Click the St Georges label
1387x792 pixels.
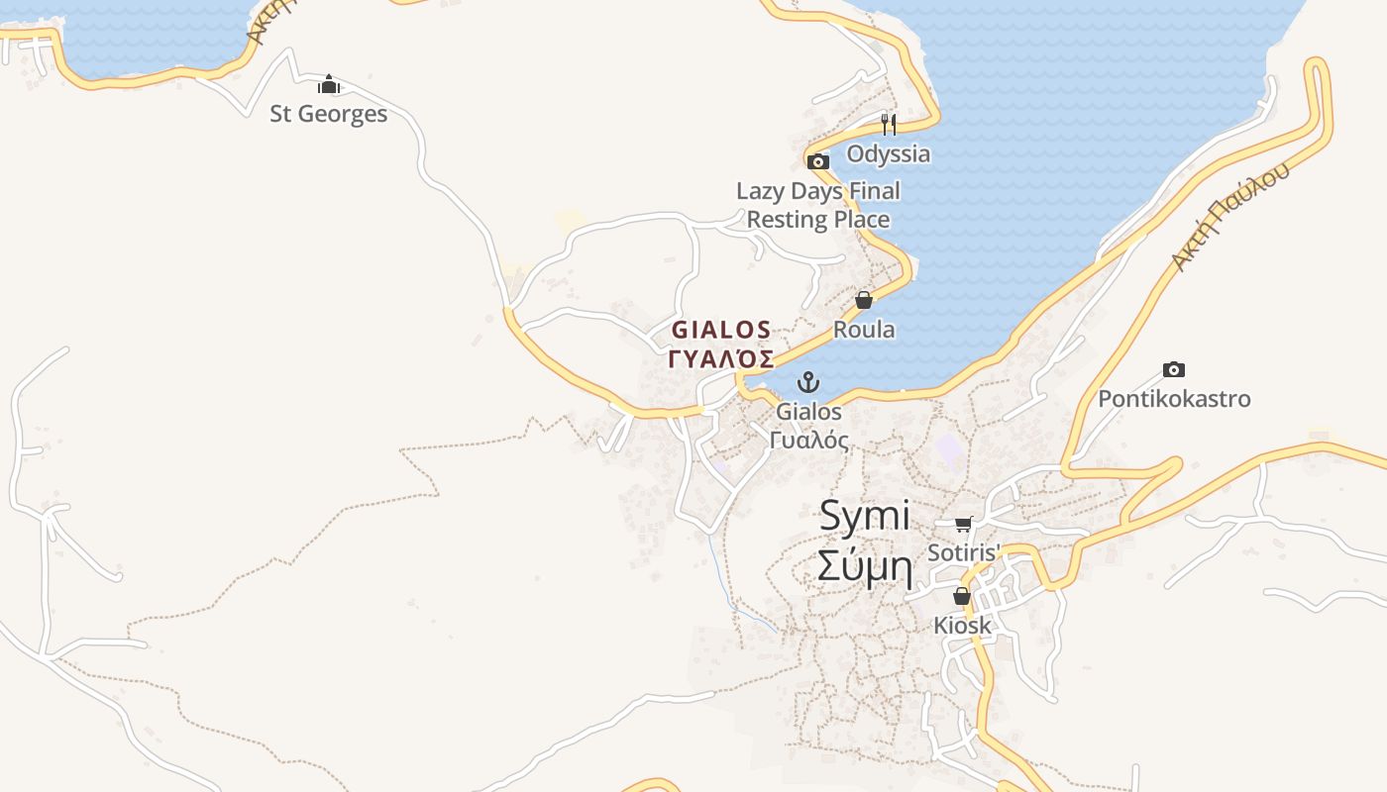329,114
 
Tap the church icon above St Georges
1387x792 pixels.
329,85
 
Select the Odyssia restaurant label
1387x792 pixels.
889,153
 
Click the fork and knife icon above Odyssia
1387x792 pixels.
889,125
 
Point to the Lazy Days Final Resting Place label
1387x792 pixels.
818,205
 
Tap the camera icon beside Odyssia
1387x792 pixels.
818,161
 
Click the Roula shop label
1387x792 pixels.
864,330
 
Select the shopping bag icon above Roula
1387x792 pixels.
864,300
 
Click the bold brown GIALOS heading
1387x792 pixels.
721,330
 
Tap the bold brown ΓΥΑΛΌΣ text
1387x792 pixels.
721,358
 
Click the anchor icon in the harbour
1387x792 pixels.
809,382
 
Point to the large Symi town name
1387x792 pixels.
865,516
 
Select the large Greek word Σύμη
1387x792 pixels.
865,567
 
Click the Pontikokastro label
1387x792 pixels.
1174,399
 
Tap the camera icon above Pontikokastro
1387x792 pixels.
1174,370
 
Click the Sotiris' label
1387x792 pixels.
964,552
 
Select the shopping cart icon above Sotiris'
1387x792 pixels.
964,524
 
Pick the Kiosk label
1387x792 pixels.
962,626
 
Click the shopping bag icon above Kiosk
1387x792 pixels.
962,596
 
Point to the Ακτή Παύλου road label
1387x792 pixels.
1231,216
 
